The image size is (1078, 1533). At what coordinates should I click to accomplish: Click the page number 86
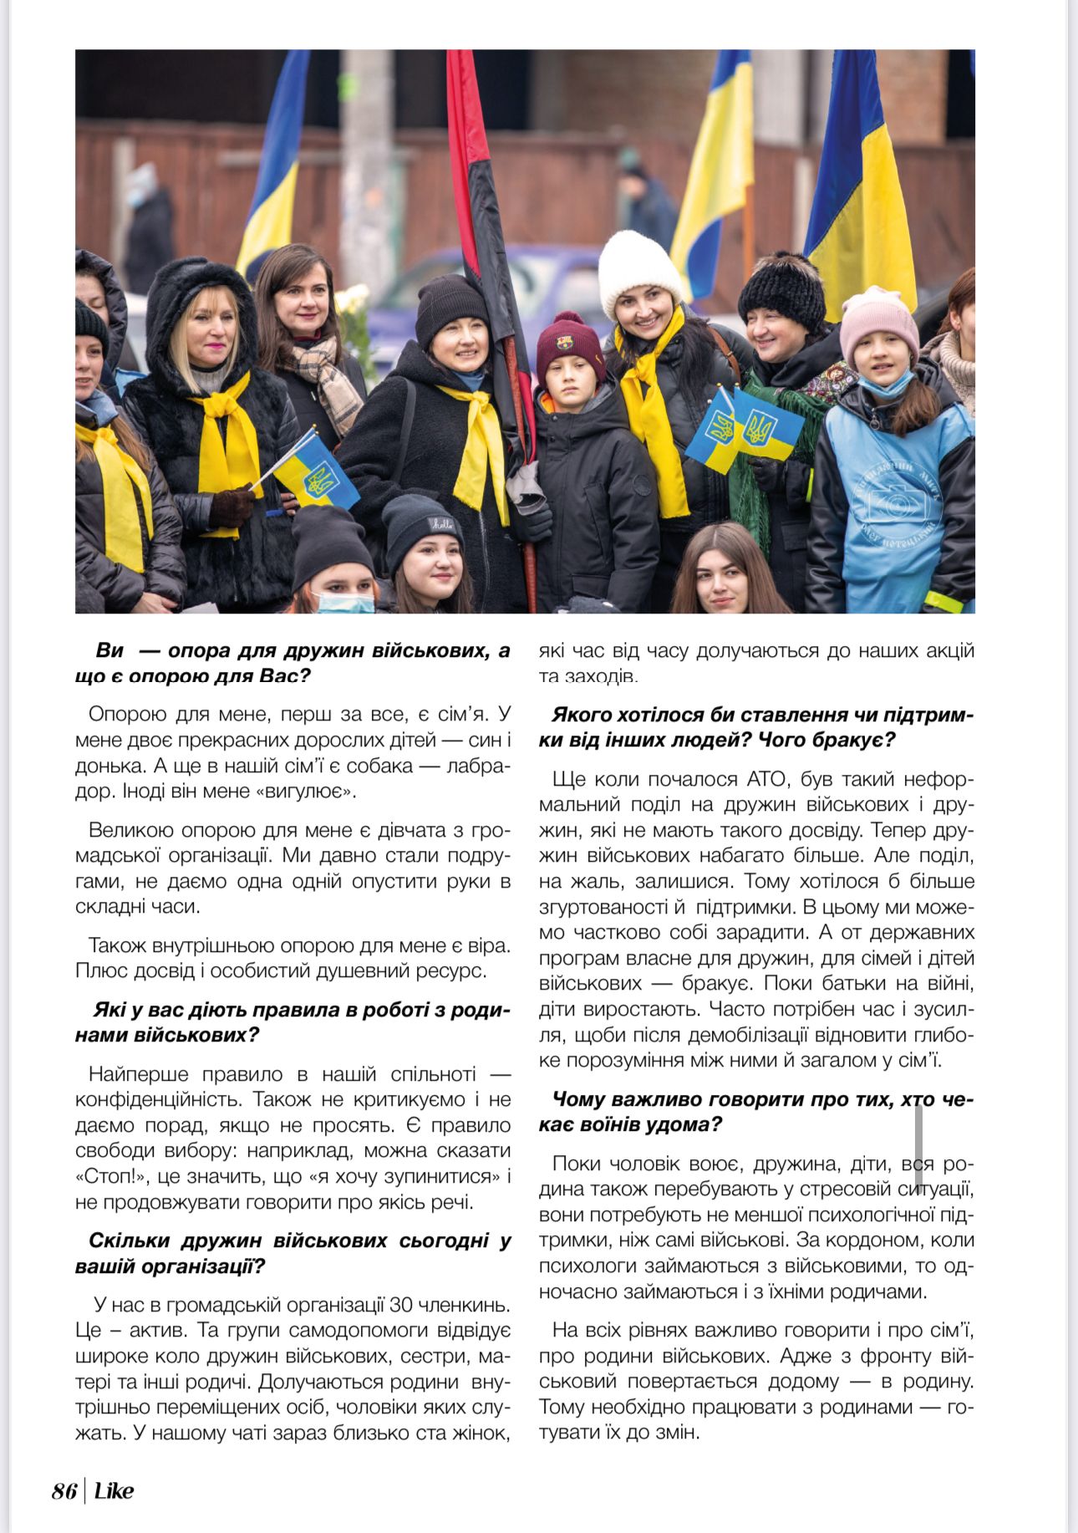64,1491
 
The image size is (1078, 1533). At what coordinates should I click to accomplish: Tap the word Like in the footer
114,1491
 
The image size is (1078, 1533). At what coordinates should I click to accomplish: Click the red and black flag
481,209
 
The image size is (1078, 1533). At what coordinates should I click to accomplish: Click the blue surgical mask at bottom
345,603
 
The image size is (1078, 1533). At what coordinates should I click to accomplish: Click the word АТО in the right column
762,779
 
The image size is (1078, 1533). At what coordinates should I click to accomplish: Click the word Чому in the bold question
576,1099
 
